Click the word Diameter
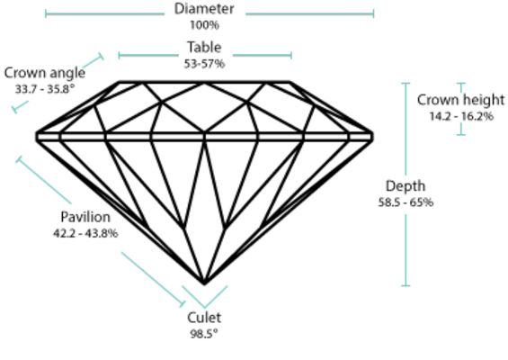point(204,9)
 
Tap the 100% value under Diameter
point(204,25)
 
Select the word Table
point(204,48)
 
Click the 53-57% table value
point(204,64)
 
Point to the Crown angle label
point(45,73)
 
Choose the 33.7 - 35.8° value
point(45,89)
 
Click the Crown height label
point(460,100)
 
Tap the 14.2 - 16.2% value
point(461,116)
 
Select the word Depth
point(406,186)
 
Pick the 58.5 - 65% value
point(406,202)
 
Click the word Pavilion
point(85,217)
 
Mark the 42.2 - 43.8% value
point(85,233)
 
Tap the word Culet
point(204,318)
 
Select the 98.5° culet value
point(204,334)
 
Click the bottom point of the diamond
point(204,284)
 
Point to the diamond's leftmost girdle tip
point(36,137)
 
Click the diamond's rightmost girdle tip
point(372,137)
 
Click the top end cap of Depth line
point(406,84)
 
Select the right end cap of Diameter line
point(373,13)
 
